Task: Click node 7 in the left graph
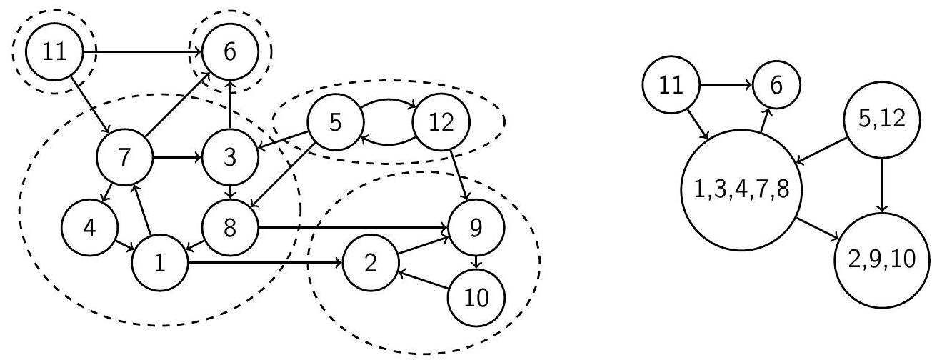[124, 157]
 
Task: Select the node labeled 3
[230, 157]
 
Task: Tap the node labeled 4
[89, 228]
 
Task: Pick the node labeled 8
[230, 228]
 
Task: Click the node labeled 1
[160, 263]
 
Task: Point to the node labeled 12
[441, 122]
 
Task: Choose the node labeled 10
[476, 298]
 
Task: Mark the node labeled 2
[371, 263]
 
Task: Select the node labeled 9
[476, 228]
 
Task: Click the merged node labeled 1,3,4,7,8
[741, 190]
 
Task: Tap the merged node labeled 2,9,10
[882, 260]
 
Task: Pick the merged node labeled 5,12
[882, 119]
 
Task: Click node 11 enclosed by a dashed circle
[54, 51]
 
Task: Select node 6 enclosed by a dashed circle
[230, 51]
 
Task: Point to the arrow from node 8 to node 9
[354, 228]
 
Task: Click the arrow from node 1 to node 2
[265, 263]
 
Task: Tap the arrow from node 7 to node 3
[177, 157]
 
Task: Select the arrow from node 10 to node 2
[424, 280]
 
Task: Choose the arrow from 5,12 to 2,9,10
[882, 185]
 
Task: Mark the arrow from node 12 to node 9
[460, 175]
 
